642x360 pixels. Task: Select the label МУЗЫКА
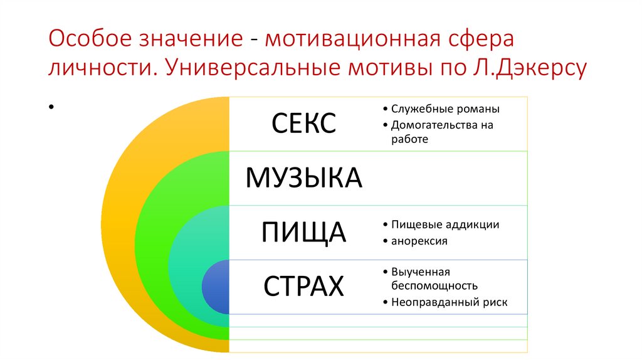(304, 178)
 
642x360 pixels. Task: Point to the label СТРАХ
(304, 287)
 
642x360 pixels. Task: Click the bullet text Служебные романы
(445, 109)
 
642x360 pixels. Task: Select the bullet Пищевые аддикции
(445, 225)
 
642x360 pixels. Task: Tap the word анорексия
(419, 241)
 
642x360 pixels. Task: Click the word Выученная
(421, 272)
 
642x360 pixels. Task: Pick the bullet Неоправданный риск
(449, 302)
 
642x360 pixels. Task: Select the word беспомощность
(434, 286)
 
